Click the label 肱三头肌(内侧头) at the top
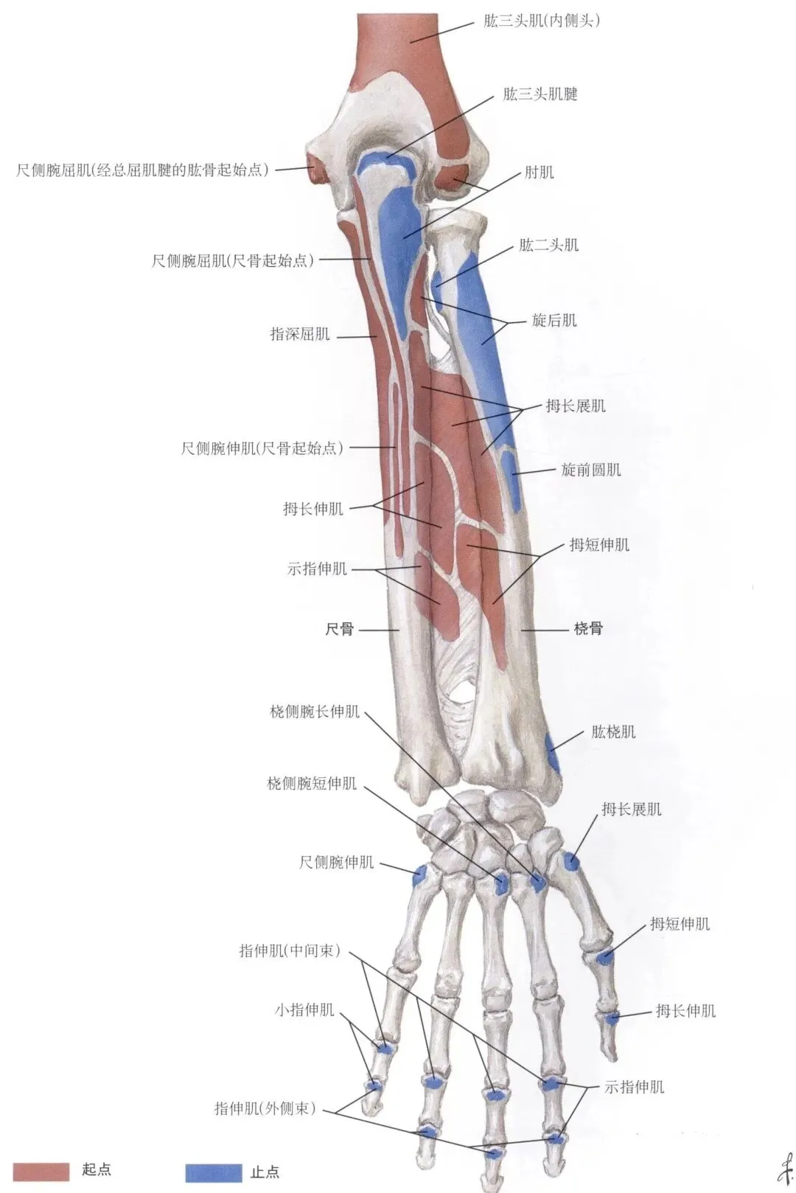click(542, 21)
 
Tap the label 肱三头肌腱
click(540, 94)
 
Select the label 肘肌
click(539, 173)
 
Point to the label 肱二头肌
click(548, 245)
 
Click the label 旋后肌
click(554, 320)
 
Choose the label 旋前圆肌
click(591, 470)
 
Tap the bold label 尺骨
click(340, 629)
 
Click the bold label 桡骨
click(588, 629)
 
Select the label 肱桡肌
click(613, 732)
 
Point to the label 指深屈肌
click(300, 335)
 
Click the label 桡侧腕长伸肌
click(315, 712)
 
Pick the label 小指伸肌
click(304, 1009)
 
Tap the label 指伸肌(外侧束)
click(265, 1108)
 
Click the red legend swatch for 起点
click(42, 1170)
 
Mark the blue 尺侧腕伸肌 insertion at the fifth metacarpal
click(420, 875)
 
